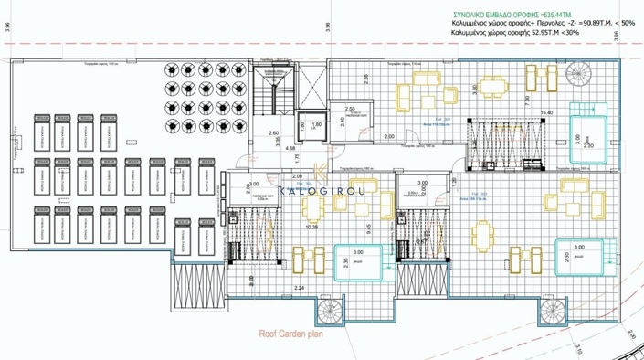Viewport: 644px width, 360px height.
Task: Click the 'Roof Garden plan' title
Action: point(291,334)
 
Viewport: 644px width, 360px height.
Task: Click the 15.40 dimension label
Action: point(547,112)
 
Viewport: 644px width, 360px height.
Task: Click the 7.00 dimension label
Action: point(527,100)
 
